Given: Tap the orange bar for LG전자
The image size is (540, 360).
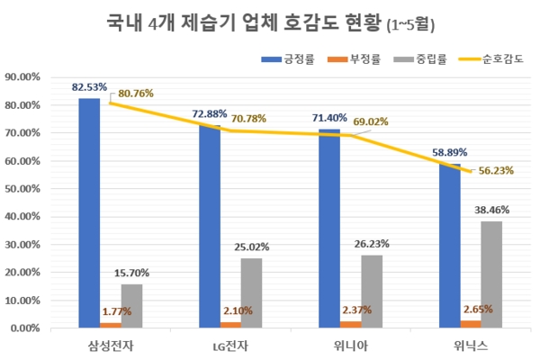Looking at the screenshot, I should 231,325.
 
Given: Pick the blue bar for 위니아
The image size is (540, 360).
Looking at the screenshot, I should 329,229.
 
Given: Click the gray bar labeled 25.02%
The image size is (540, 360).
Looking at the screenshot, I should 252,293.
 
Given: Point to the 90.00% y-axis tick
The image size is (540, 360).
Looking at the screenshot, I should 30,77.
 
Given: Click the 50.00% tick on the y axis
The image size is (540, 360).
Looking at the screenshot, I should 30,189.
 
